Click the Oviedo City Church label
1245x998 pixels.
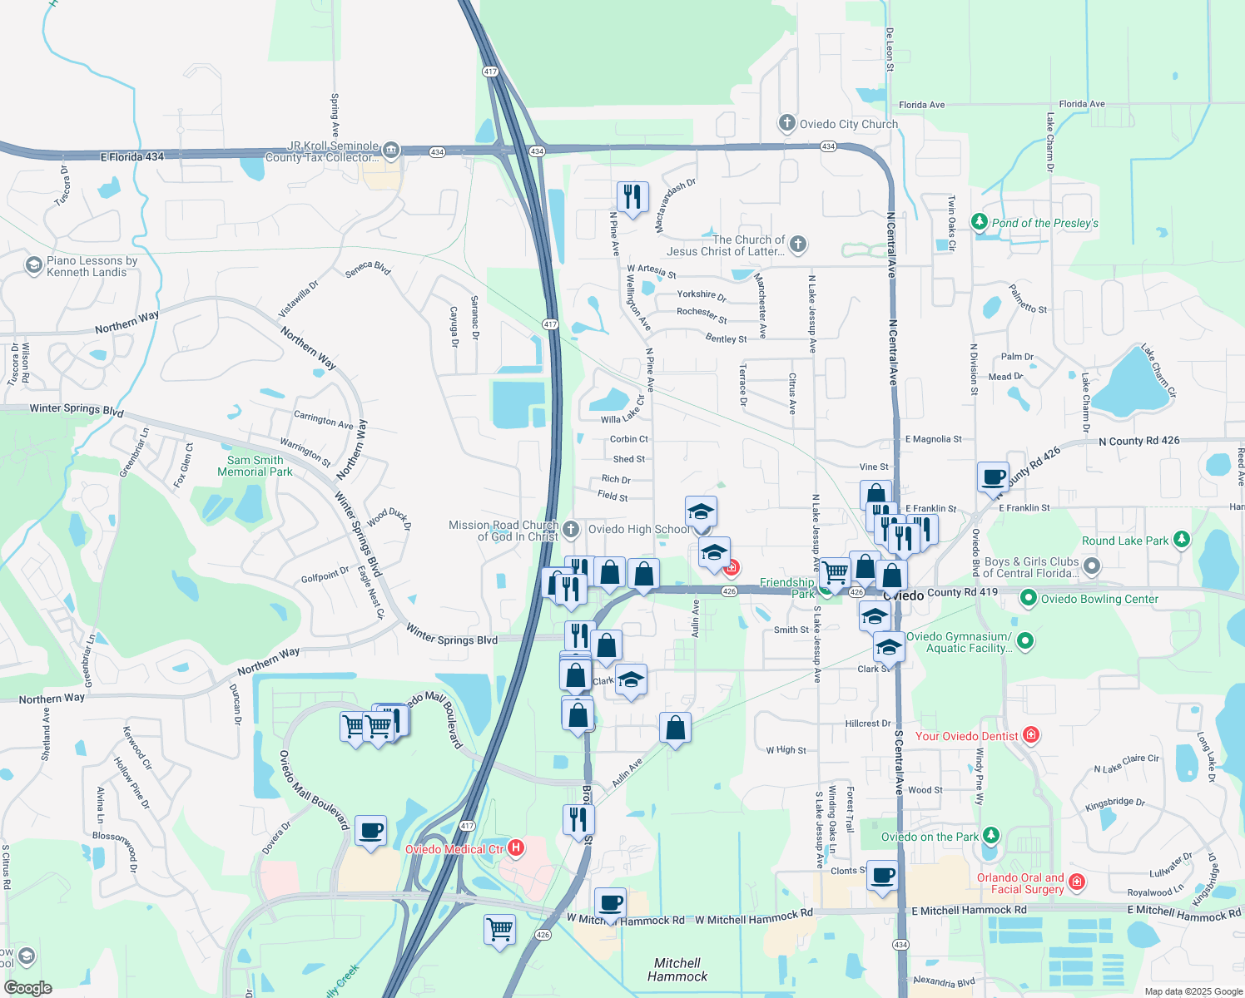click(x=848, y=125)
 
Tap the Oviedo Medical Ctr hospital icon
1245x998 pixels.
click(x=516, y=848)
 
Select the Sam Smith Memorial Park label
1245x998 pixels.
click(x=255, y=466)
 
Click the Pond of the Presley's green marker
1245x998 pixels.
click(x=980, y=222)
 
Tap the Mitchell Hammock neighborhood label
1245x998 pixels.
click(x=677, y=970)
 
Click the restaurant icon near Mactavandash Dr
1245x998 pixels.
click(x=632, y=197)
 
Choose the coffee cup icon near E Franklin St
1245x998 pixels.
click(x=993, y=477)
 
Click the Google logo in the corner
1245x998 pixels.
click(x=27, y=988)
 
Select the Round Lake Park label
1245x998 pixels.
click(x=1125, y=541)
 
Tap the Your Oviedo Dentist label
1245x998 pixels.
click(x=966, y=736)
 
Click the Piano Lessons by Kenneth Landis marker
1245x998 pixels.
click(x=33, y=265)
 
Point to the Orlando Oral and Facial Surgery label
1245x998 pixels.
click(x=1020, y=883)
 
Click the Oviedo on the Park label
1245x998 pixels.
click(x=930, y=837)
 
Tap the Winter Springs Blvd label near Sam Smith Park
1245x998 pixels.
click(x=77, y=409)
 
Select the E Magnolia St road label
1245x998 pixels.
click(x=933, y=439)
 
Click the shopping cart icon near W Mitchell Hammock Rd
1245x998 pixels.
click(x=499, y=928)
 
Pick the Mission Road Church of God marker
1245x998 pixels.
click(x=571, y=529)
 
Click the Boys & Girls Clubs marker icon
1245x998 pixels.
click(x=1092, y=567)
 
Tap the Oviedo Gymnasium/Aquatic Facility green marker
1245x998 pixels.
click(x=1025, y=640)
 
